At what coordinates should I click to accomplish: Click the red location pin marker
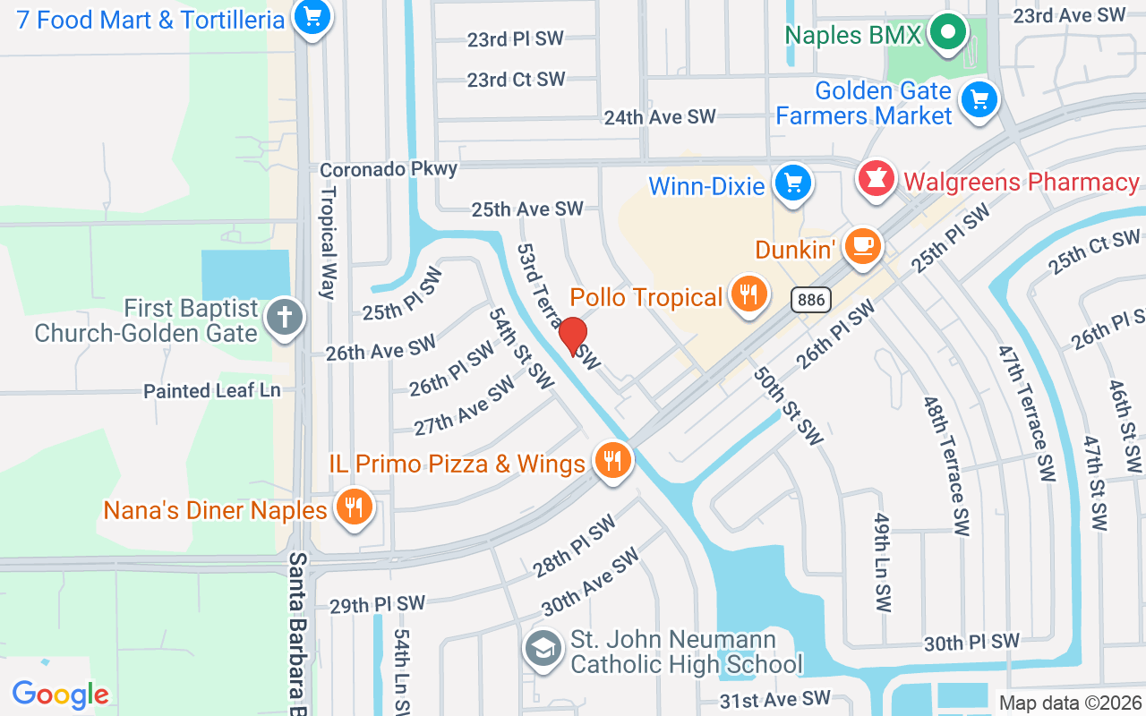pos(573,337)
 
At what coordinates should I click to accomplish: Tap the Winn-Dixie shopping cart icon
pos(792,183)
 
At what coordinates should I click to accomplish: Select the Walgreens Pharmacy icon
pos(877,180)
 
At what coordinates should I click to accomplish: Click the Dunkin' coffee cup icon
pos(862,246)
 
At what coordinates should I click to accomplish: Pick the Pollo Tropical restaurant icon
pos(748,294)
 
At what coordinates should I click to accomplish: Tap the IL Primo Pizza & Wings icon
pos(612,462)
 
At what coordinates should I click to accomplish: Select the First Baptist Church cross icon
pos(285,319)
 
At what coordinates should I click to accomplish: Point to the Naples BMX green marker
pos(947,33)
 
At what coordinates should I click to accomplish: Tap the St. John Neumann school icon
pos(543,651)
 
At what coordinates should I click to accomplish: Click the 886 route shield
pos(811,300)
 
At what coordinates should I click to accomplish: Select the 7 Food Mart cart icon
pos(312,17)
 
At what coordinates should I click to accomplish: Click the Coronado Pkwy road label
pos(389,169)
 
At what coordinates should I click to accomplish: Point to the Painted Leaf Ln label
pos(212,391)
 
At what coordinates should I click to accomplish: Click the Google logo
pos(60,695)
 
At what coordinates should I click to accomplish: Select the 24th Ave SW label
pos(660,117)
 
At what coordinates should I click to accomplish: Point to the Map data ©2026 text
pos(1069,703)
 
